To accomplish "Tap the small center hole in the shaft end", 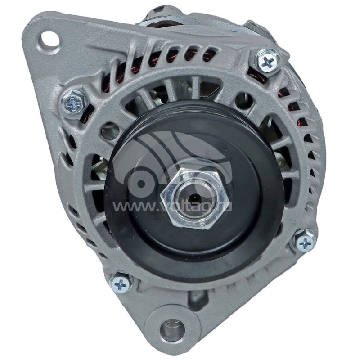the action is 195,197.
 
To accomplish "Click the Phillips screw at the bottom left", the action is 121,284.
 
